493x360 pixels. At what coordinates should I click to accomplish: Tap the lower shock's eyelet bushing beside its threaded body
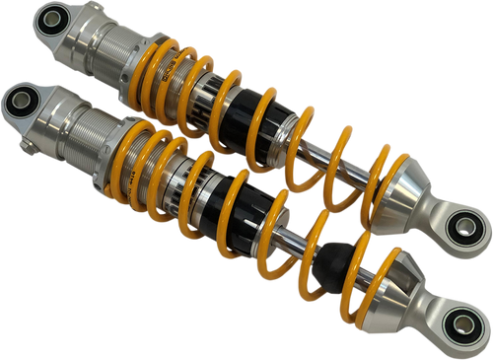(21, 99)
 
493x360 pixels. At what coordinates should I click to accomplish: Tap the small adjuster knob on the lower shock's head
(31, 150)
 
